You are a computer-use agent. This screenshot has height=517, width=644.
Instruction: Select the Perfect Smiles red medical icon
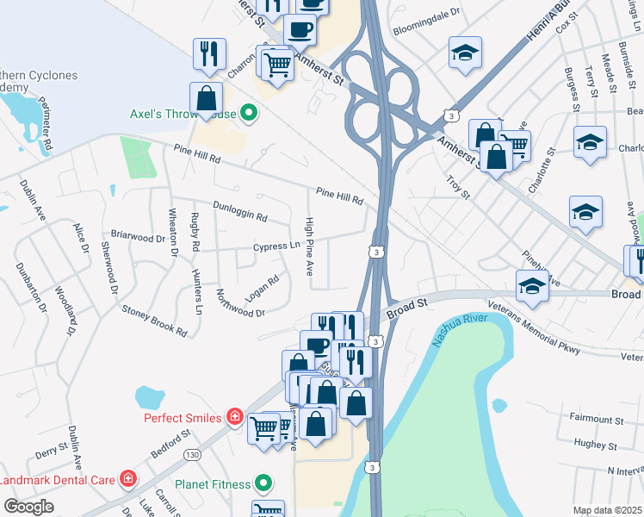coord(234,418)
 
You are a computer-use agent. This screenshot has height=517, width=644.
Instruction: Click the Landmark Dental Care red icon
coord(128,478)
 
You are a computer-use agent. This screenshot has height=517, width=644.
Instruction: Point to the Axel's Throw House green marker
coord(250,113)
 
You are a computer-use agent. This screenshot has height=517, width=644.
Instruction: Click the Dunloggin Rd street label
coord(240,211)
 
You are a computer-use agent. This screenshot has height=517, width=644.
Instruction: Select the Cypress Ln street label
coord(276,246)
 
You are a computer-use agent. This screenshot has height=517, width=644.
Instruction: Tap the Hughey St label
coord(602,444)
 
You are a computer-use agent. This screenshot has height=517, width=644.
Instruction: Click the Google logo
coord(28,507)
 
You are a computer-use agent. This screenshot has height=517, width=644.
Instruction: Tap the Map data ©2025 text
coord(607,510)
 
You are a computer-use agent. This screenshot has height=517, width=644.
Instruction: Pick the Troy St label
coord(458,188)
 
